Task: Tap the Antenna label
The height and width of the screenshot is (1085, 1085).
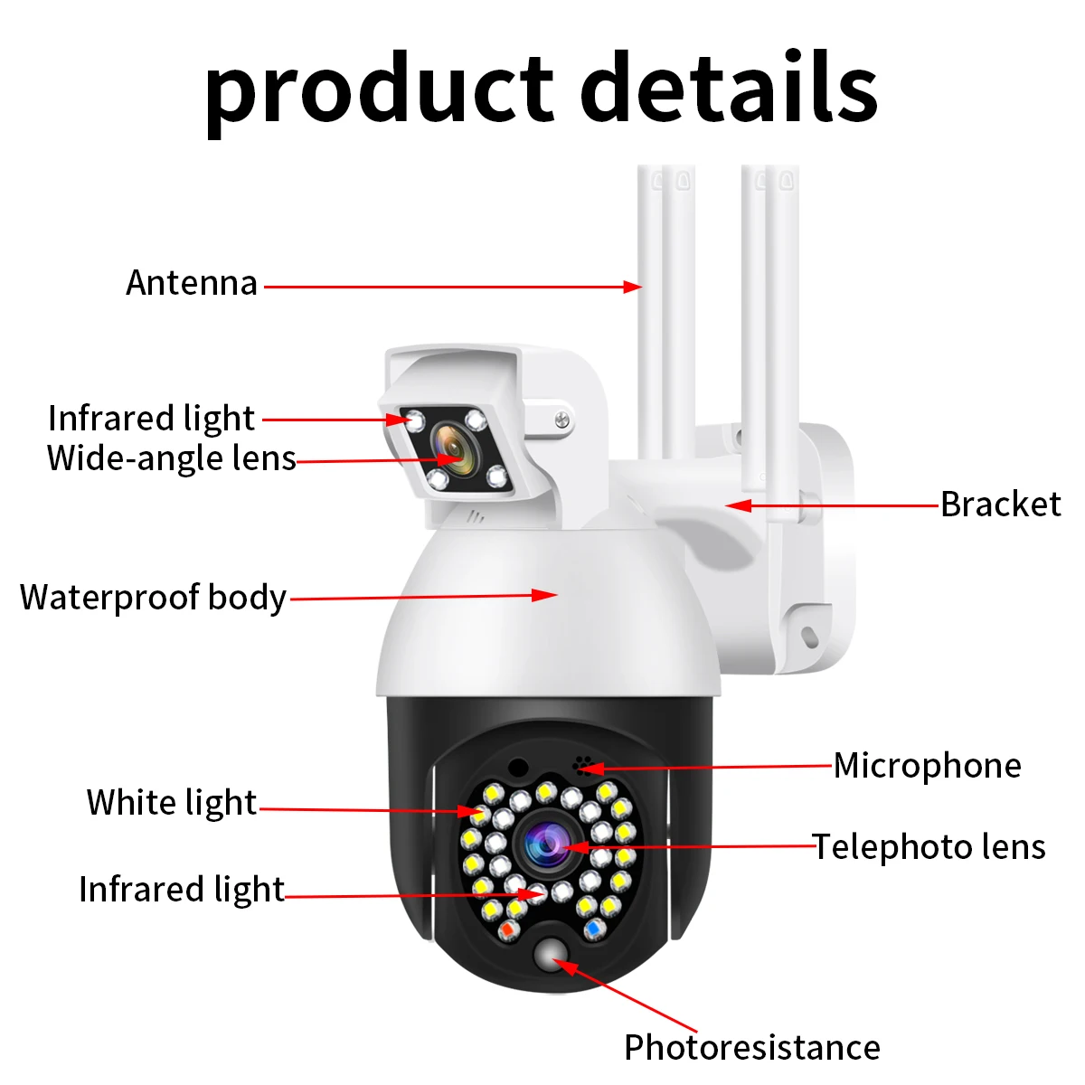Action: [192, 283]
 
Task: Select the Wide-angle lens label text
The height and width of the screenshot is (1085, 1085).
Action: [172, 458]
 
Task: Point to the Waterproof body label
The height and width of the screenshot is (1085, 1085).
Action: [153, 598]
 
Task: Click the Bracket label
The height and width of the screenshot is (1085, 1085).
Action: [1000, 505]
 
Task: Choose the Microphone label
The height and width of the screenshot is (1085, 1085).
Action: [927, 766]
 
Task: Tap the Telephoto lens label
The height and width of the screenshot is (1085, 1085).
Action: [929, 847]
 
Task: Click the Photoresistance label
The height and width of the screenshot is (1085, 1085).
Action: [751, 1047]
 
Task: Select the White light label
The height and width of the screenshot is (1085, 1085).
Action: [172, 803]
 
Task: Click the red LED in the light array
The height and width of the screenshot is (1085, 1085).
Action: [507, 930]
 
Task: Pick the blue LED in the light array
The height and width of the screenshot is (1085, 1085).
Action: [594, 929]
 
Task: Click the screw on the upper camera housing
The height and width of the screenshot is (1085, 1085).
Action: [561, 419]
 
